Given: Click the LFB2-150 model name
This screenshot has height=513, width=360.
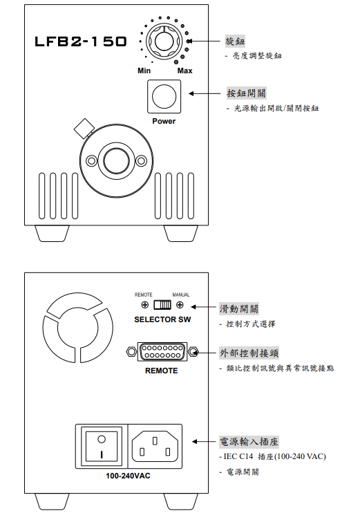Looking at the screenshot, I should [x=81, y=42].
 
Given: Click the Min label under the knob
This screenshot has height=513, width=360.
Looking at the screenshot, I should [x=144, y=71].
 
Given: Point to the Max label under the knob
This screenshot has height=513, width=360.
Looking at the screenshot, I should [x=184, y=71].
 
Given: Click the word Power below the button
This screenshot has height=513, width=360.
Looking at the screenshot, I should [x=164, y=121].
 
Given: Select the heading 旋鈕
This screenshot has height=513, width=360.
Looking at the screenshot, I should [x=236, y=41].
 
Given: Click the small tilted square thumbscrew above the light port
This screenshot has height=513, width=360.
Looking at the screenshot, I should [x=84, y=128].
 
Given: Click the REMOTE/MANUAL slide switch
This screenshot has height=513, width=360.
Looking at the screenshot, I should [x=162, y=305].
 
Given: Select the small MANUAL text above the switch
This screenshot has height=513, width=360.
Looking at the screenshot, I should [x=180, y=295].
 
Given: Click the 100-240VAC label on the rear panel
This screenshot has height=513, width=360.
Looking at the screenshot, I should [x=128, y=477].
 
